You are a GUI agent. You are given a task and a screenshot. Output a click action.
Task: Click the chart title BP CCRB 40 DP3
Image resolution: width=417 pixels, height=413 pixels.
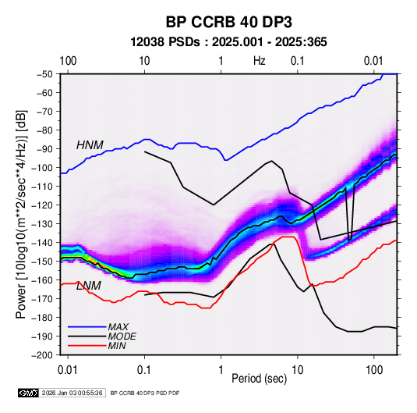(228, 22)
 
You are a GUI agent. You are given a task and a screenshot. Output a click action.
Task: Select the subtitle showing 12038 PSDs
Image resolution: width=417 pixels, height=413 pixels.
(228, 42)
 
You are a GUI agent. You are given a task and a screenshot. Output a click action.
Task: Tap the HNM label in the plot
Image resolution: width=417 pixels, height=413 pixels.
(90, 145)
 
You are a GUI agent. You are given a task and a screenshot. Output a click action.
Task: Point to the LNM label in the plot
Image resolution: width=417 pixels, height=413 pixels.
(89, 286)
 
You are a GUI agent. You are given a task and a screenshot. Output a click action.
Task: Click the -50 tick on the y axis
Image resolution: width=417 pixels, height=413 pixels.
(44, 74)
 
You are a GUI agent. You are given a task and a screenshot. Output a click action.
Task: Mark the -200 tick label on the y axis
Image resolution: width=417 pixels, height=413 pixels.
(42, 355)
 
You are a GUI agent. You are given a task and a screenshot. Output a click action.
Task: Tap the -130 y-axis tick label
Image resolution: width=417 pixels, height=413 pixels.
(42, 224)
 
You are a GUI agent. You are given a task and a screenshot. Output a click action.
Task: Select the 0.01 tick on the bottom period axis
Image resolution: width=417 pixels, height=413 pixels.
(68, 370)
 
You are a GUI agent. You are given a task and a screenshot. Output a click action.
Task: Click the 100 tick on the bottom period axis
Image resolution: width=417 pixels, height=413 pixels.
(374, 370)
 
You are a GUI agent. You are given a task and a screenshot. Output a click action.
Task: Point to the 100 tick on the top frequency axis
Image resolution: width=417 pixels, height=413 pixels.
(68, 61)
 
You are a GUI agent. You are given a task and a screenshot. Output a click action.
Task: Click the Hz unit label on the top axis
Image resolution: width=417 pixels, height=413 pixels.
(260, 61)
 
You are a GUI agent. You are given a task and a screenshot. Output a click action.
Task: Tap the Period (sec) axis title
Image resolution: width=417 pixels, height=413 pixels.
(260, 379)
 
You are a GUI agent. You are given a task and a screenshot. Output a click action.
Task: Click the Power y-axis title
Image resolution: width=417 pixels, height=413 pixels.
(21, 214)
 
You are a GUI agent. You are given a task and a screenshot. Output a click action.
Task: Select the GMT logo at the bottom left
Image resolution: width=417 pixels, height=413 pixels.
(29, 393)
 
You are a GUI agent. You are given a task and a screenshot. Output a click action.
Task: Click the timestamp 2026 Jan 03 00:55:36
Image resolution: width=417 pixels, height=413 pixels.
(72, 393)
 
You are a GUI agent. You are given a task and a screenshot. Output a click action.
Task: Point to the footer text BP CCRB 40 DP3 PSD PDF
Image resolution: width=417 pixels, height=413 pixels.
(145, 393)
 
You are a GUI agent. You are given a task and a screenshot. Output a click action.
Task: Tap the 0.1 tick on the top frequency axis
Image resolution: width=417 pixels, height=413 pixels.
(297, 61)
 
